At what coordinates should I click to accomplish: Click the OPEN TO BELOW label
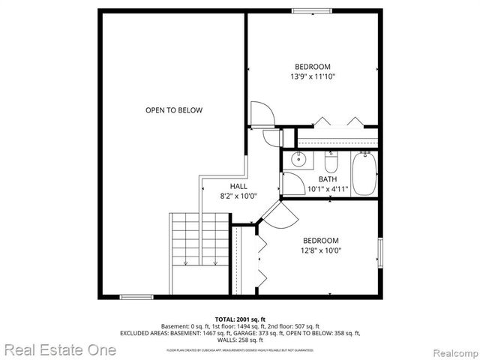pyautogui.click(x=173, y=110)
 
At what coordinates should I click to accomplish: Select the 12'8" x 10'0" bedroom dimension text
pyautogui.click(x=320, y=251)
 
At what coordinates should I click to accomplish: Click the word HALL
pyautogui.click(x=238, y=187)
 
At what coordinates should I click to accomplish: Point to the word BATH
pyautogui.click(x=328, y=179)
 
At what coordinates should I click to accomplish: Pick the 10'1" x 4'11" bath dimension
pyautogui.click(x=328, y=189)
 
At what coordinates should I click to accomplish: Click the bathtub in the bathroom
pyautogui.click(x=364, y=173)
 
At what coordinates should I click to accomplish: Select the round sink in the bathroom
pyautogui.click(x=298, y=159)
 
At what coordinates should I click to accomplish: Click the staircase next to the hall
pyautogui.click(x=199, y=240)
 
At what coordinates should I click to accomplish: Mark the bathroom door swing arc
pyautogui.click(x=289, y=184)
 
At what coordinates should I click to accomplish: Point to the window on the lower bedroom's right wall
pyautogui.click(x=379, y=253)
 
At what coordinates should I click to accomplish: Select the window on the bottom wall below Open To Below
pyautogui.click(x=136, y=297)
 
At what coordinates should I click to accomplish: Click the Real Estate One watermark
pyautogui.click(x=60, y=349)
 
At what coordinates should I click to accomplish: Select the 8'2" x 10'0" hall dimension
pyautogui.click(x=238, y=196)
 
